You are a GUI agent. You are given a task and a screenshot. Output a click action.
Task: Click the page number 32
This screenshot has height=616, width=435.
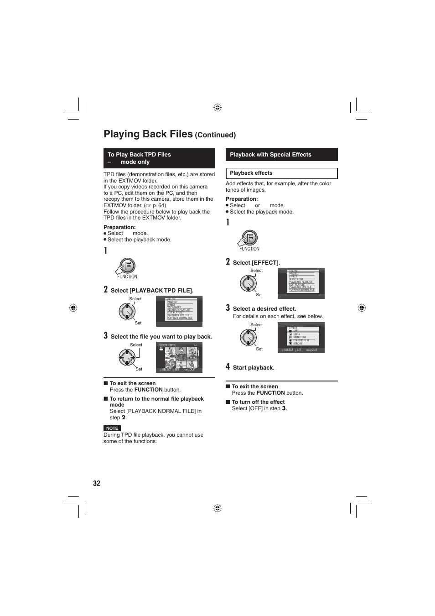(x=97, y=484)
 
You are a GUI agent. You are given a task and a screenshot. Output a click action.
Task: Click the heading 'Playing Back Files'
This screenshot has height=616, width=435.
(x=148, y=134)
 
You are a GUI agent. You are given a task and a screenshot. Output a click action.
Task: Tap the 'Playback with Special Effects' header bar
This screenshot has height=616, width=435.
(x=281, y=155)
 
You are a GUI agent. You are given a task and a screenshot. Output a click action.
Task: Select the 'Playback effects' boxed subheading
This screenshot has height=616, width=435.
(x=281, y=173)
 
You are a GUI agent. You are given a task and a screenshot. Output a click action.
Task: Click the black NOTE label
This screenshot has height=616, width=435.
(x=112, y=428)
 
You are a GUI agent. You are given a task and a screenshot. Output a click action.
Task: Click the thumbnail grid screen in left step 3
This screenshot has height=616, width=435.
(x=179, y=358)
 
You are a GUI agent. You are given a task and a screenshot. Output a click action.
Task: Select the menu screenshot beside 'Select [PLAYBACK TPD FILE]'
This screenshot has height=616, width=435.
(x=179, y=311)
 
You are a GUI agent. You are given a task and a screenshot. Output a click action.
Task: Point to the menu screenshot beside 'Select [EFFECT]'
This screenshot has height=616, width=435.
(x=301, y=283)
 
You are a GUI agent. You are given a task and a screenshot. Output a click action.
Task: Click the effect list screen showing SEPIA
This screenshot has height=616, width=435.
(x=301, y=338)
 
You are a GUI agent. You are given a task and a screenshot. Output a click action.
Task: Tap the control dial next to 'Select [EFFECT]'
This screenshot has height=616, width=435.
(x=249, y=283)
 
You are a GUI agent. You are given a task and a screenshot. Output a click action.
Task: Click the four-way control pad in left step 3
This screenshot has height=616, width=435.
(x=127, y=358)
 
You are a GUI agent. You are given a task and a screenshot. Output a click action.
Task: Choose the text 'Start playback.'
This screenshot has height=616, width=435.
(x=254, y=368)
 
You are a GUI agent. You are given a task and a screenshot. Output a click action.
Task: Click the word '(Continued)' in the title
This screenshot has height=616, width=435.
(x=215, y=135)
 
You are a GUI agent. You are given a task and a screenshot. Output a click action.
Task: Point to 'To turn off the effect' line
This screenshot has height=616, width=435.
(x=258, y=402)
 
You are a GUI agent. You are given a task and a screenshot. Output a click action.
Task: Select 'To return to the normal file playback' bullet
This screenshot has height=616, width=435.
(x=156, y=399)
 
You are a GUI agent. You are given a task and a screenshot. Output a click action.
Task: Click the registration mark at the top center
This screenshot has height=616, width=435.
(x=217, y=108)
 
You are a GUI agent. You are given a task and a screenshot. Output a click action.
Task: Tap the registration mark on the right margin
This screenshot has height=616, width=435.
(x=362, y=308)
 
